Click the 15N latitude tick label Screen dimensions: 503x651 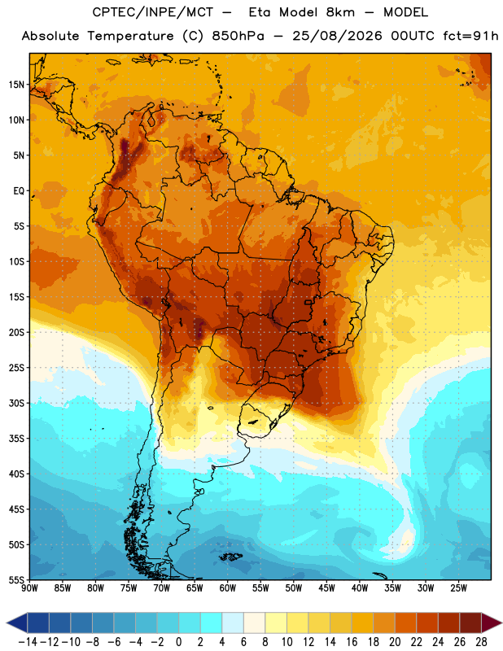point(16,85)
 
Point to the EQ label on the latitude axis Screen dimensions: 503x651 point(19,191)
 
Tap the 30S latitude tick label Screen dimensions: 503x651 point(16,403)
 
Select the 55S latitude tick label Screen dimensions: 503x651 point(16,579)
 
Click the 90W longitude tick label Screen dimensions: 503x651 point(29,588)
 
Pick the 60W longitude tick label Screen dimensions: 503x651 point(228,588)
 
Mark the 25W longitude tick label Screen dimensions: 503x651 point(458,588)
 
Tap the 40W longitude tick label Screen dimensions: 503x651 point(360,588)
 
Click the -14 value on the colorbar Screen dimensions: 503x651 point(28,642)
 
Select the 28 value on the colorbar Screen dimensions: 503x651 point(481,642)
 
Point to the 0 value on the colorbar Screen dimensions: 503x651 point(178,642)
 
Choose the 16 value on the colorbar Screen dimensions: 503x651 point(352,642)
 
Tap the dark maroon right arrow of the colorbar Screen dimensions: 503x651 point(491,623)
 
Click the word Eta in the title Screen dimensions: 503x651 point(260,12)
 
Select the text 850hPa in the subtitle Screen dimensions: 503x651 point(238,36)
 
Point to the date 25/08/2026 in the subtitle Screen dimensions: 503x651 point(337,36)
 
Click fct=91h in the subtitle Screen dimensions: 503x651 point(470,36)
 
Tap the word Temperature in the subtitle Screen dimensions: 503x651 point(130,37)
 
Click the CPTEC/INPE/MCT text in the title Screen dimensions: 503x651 point(153,12)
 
